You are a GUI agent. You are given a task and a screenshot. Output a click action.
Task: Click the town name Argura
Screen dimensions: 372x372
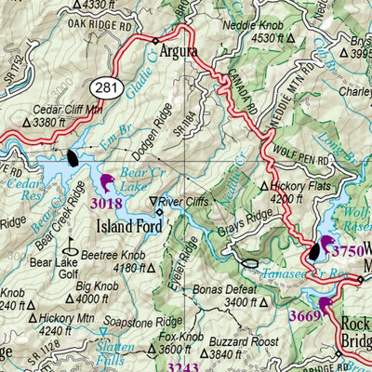click(x=179, y=52)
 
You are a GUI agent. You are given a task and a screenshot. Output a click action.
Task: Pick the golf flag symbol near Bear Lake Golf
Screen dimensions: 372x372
click(x=68, y=247)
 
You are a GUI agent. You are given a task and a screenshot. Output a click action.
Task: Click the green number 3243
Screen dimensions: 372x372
click(x=166, y=366)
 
